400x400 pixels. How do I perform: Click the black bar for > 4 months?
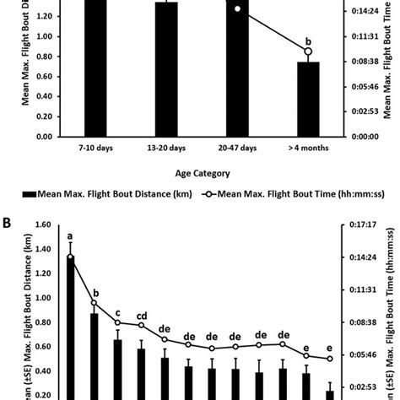point(308,99)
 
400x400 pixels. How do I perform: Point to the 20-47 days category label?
point(237,149)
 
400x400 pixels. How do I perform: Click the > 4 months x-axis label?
point(308,149)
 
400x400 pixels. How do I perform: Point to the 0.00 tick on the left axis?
point(43,135)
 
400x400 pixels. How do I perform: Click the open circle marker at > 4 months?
point(308,52)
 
